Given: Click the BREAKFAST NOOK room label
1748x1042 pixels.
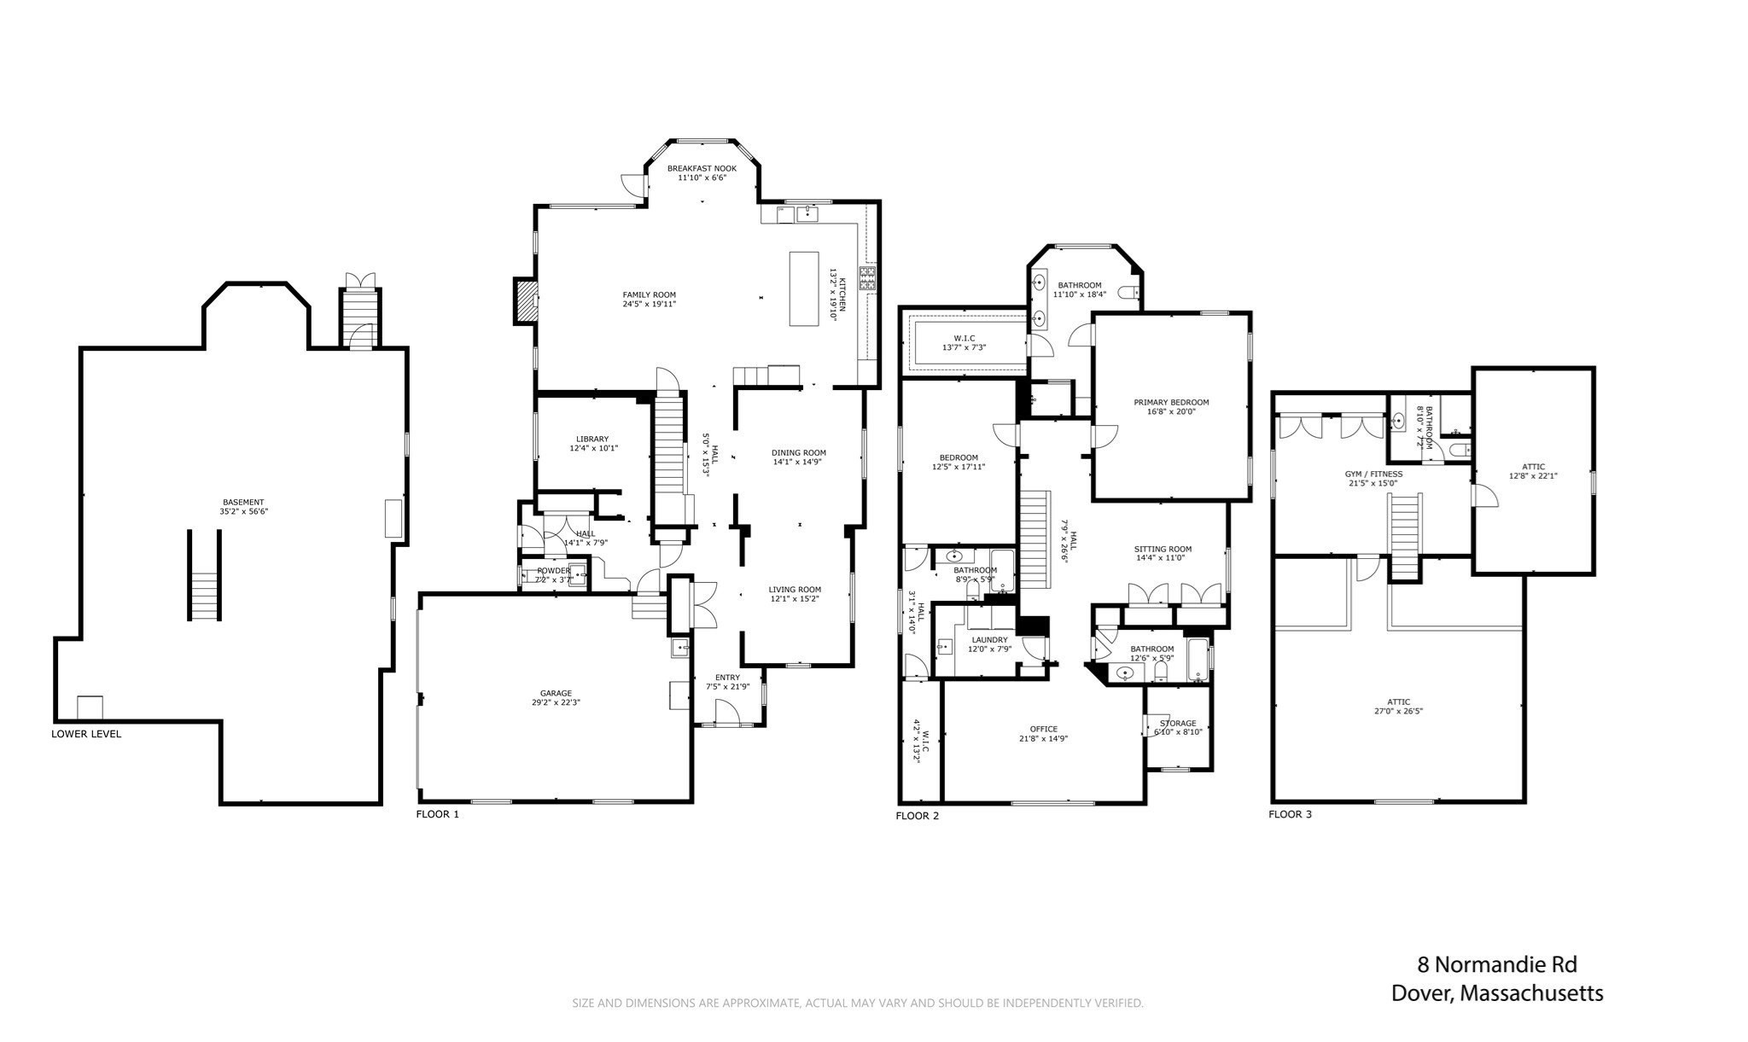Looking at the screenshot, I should (701, 168).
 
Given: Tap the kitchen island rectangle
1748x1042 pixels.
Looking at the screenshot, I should (803, 288).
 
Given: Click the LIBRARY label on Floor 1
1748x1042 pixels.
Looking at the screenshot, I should (591, 439).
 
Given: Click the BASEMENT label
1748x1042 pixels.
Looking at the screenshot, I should (243, 502).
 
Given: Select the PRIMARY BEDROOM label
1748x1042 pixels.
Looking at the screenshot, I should (1171, 402).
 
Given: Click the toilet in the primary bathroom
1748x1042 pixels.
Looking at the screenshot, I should (1129, 293).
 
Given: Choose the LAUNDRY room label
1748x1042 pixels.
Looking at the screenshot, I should (989, 639).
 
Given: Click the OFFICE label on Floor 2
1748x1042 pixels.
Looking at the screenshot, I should (1043, 729).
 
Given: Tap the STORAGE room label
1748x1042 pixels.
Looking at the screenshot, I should (1178, 723).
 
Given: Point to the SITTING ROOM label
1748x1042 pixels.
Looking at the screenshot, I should (1162, 549).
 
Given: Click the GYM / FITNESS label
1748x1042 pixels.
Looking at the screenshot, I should (1373, 474).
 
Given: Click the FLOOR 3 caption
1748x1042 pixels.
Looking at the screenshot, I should (1290, 814).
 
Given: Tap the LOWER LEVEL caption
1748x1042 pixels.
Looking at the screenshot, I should (86, 734).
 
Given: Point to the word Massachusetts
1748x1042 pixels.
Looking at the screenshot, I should (1531, 993).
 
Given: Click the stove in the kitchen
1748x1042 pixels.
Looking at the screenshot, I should (867, 278).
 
